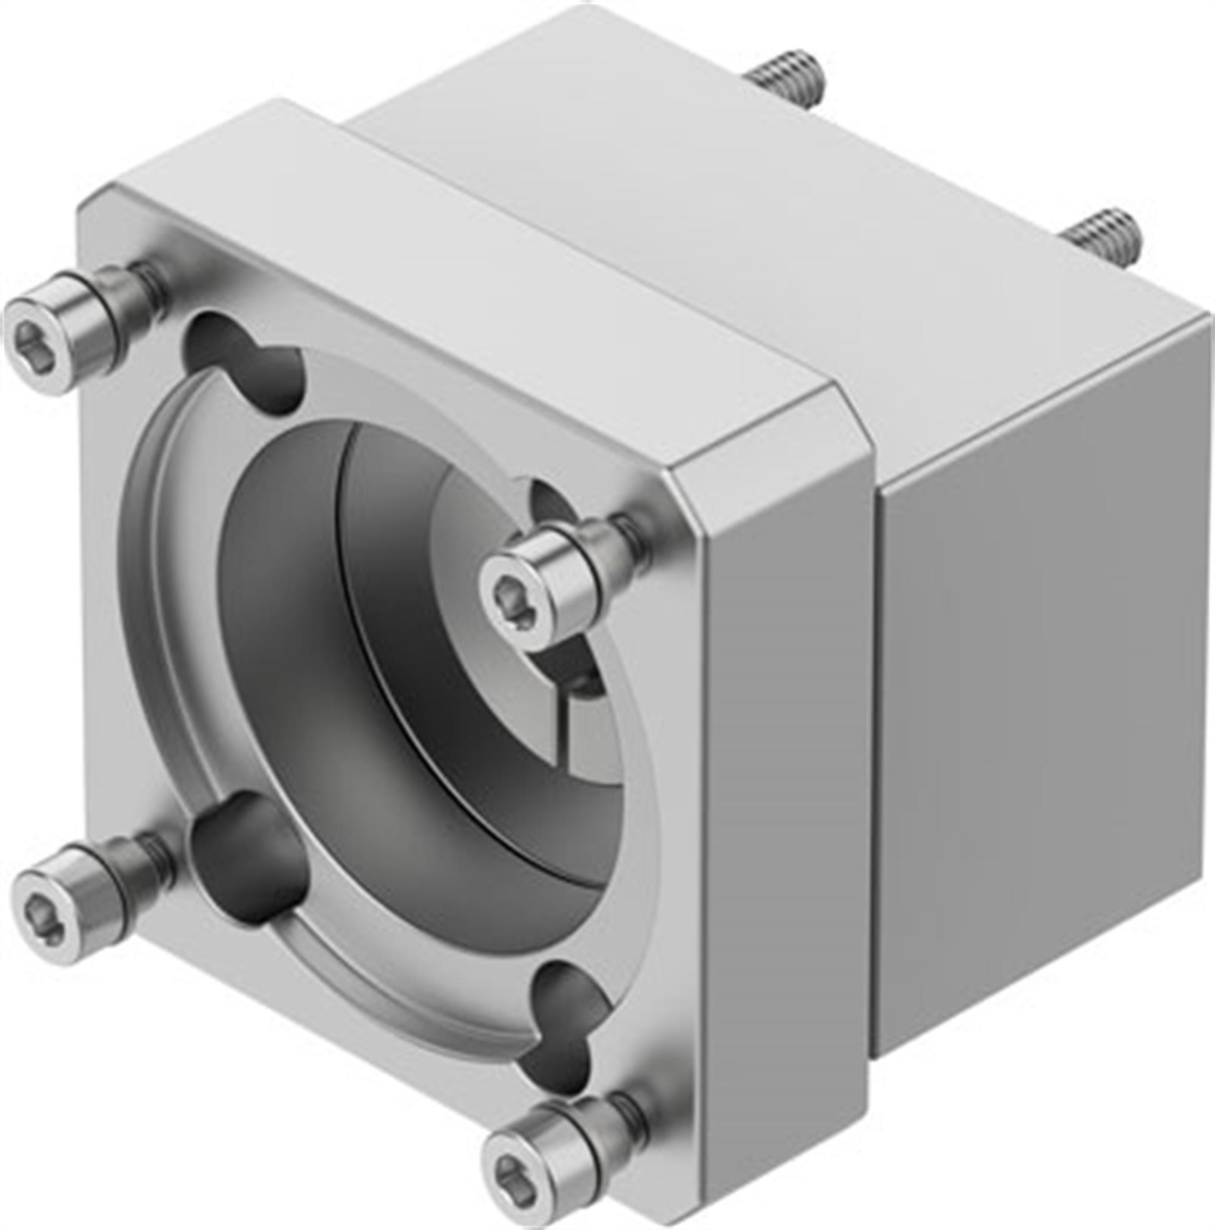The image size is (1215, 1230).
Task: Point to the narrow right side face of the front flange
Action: (x=783, y=796)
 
